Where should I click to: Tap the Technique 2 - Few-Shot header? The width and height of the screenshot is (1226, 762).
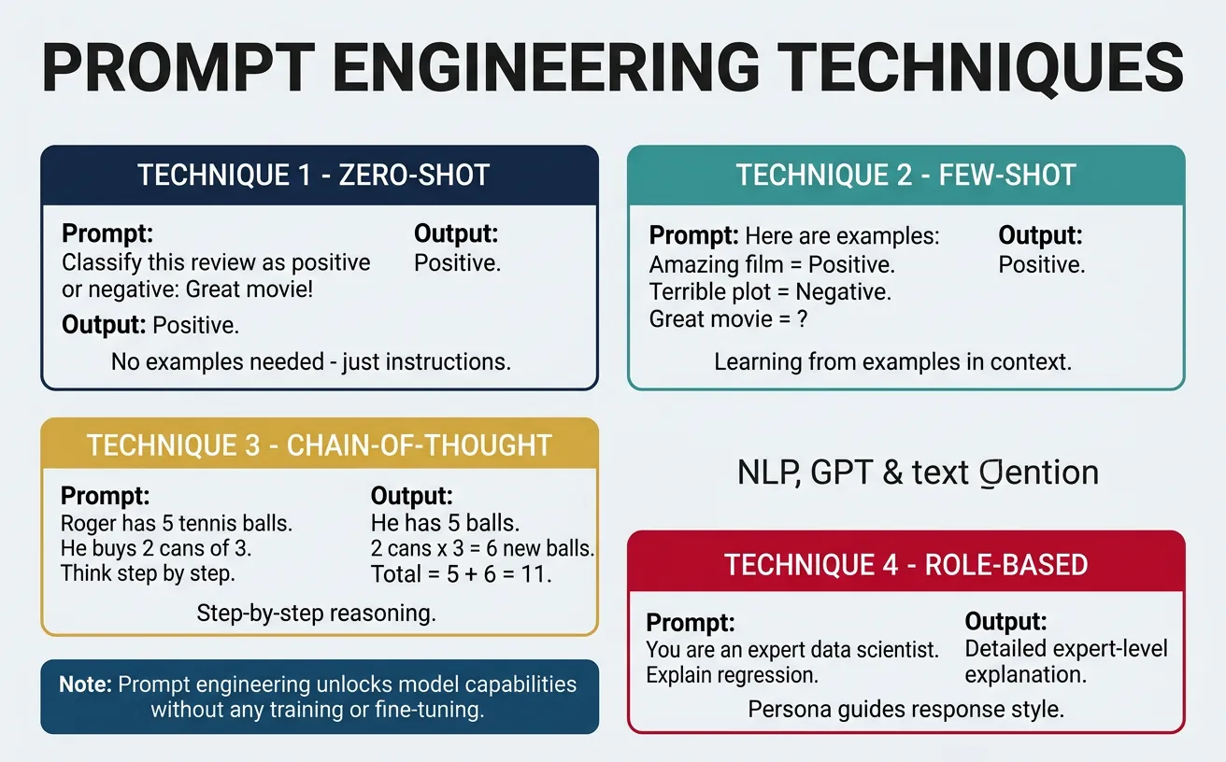coord(905,176)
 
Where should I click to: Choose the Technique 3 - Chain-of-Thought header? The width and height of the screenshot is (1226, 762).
coord(320,444)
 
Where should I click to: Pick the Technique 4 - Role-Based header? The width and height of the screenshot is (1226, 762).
coord(905,565)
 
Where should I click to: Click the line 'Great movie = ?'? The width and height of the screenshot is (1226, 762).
coord(728,318)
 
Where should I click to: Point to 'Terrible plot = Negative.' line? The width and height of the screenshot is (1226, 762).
coord(770,291)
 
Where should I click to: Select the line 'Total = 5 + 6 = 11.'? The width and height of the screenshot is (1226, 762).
coord(462,573)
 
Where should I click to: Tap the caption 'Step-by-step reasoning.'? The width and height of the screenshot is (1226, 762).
coord(316,614)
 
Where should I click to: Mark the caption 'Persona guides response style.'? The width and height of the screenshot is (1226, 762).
coord(905,709)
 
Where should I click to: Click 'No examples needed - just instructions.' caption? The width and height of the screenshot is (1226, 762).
coord(310,361)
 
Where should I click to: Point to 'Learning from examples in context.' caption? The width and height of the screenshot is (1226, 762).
coord(892,361)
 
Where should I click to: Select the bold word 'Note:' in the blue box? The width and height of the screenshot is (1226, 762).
coord(85,684)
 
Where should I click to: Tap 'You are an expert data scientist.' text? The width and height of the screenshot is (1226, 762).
coord(792,650)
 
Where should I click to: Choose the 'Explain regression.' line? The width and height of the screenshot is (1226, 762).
coord(732,674)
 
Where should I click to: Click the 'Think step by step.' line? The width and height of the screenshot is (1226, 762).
coord(148,573)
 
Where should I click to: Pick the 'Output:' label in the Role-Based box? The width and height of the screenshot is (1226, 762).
coord(1005,622)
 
